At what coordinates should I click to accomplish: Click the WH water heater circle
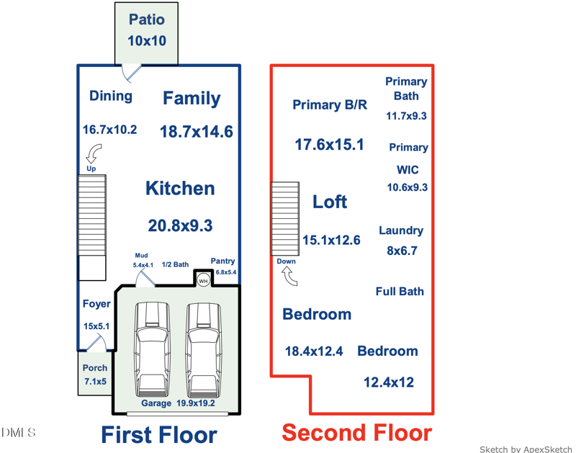pos(203,281)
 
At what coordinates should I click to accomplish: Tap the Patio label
pos(147,19)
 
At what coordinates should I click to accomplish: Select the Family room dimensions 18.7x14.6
pos(196,132)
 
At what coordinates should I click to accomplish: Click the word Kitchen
pos(180,188)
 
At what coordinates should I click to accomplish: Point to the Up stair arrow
pos(94,153)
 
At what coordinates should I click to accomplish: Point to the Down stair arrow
pos(290,276)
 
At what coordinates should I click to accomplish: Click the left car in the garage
pos(152,350)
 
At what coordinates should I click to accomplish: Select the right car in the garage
pos(204,350)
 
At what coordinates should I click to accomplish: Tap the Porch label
pos(95,368)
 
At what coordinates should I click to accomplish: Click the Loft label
pos(330,202)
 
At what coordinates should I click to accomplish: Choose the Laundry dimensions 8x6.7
pos(402,251)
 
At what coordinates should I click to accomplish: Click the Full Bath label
pos(400,292)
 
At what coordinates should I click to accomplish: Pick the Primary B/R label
pos(330,104)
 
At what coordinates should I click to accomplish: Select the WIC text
pos(408,170)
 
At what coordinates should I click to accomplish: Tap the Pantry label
pos(222,261)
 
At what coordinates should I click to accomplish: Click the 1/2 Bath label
pos(175,264)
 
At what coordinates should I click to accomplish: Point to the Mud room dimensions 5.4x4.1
pos(143,265)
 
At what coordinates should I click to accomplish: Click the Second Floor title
pos(356,432)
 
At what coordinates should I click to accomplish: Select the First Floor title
pos(158,435)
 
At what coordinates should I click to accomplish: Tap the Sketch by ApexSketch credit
pos(526,449)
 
